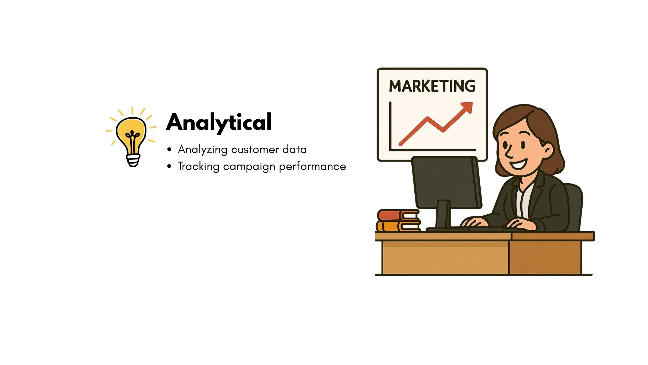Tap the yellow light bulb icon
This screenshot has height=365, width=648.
[x=132, y=137]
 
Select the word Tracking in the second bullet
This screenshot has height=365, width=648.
[x=198, y=167]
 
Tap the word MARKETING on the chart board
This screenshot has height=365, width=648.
[x=432, y=86]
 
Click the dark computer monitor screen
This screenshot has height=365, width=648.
[x=447, y=182]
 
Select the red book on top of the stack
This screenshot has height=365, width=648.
[x=398, y=215]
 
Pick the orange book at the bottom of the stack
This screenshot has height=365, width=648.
[x=398, y=226]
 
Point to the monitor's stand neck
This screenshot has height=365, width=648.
[x=443, y=214]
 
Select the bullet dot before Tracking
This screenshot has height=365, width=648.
[x=169, y=166]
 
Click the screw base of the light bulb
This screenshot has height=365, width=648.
[x=133, y=160]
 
